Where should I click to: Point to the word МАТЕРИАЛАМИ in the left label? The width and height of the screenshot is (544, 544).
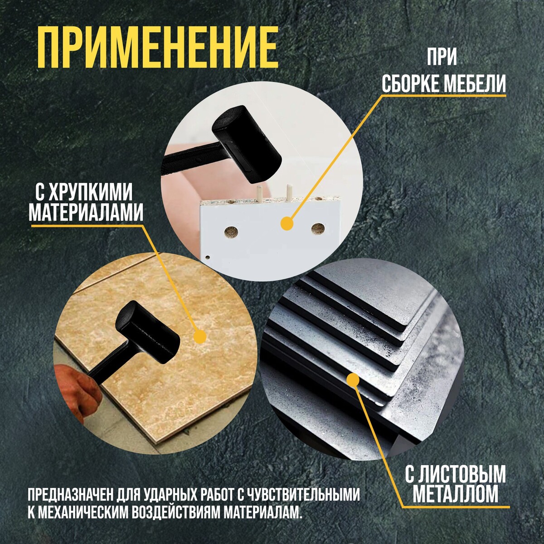pyautogui.click(x=86, y=215)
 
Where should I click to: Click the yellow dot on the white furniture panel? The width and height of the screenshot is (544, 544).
pyautogui.click(x=287, y=223)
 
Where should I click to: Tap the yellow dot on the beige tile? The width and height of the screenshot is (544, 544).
pyautogui.click(x=200, y=336)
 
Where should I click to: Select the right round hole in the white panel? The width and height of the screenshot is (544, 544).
pyautogui.click(x=318, y=228)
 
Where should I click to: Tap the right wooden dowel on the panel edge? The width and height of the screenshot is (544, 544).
pyautogui.click(x=289, y=192)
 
